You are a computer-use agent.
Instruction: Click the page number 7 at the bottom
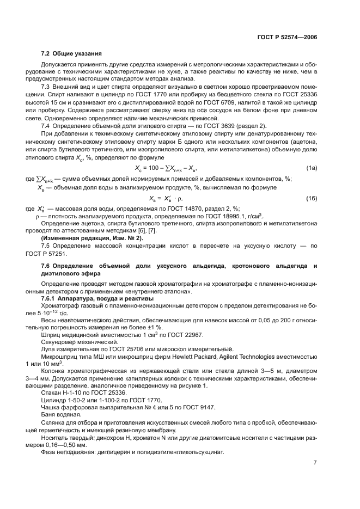pyautogui.click(x=315, y=463)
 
